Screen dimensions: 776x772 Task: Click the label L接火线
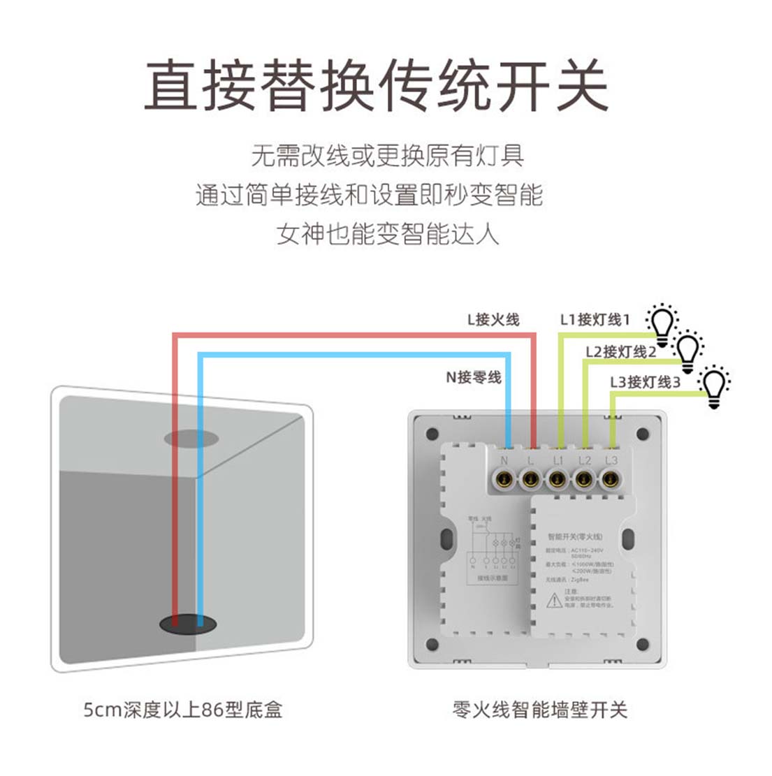point(493,320)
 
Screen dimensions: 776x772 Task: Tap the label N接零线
point(474,377)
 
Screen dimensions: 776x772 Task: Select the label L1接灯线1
point(595,319)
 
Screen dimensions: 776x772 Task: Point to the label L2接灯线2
point(620,351)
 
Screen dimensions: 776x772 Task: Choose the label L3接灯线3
point(644,382)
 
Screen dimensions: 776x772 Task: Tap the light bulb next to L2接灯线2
point(687,352)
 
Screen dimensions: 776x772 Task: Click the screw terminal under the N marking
point(504,479)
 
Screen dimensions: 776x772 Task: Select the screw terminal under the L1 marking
point(557,479)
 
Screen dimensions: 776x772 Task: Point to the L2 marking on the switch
point(585,460)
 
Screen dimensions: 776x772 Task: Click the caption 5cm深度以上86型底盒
point(183,711)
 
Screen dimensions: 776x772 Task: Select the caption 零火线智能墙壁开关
point(540,711)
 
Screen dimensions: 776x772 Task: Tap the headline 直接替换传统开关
point(376,85)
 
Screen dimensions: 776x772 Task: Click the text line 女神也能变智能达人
point(388,234)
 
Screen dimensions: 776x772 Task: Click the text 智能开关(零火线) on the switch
point(574,537)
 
